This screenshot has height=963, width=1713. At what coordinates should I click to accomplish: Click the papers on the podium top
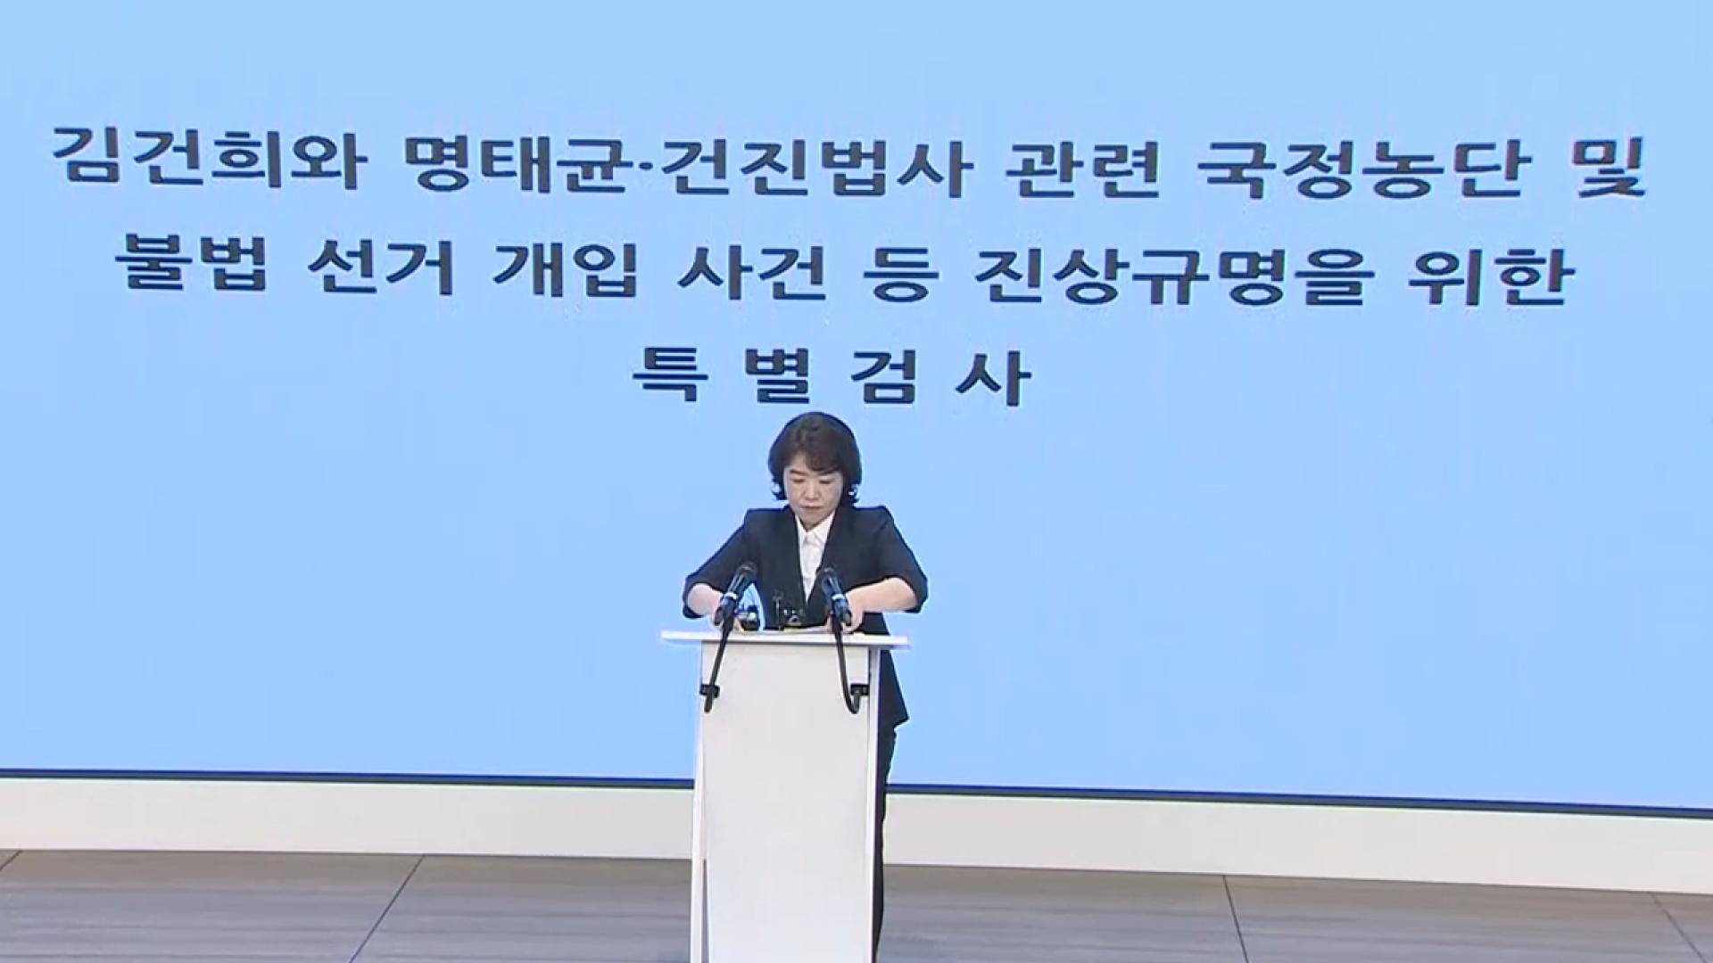(785, 630)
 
